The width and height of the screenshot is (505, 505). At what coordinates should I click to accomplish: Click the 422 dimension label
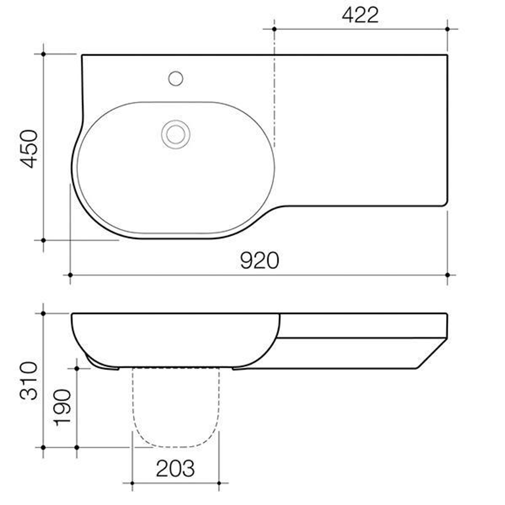pyautogui.click(x=360, y=15)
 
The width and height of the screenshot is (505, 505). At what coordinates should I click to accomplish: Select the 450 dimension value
pyautogui.click(x=29, y=148)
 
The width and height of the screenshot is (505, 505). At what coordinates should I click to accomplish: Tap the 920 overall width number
pyautogui.click(x=260, y=260)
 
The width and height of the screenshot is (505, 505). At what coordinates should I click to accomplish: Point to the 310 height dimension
pyautogui.click(x=29, y=380)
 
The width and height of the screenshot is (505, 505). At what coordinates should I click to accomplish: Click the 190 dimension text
pyautogui.click(x=63, y=407)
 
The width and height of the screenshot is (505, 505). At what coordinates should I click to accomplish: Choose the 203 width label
pyautogui.click(x=175, y=468)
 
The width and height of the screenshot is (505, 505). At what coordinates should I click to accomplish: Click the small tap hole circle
pyautogui.click(x=176, y=79)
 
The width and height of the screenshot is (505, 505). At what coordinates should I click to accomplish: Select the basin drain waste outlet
pyautogui.click(x=176, y=134)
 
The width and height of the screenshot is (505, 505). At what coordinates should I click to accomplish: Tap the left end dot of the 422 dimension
pyautogui.click(x=274, y=29)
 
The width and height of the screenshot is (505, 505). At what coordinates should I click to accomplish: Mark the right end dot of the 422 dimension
pyautogui.click(x=447, y=29)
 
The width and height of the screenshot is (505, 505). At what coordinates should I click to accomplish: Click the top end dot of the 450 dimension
pyautogui.click(x=43, y=54)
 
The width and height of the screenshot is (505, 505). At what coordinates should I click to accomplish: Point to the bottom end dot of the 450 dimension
pyautogui.click(x=43, y=240)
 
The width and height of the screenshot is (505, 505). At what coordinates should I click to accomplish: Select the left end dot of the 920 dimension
pyautogui.click(x=70, y=275)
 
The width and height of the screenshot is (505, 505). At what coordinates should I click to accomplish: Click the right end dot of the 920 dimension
pyautogui.click(x=447, y=275)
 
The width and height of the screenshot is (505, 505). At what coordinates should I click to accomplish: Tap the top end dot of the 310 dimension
pyautogui.click(x=43, y=313)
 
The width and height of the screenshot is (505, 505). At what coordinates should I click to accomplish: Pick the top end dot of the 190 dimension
pyautogui.click(x=77, y=368)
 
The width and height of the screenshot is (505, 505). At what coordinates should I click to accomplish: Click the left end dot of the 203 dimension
pyautogui.click(x=132, y=483)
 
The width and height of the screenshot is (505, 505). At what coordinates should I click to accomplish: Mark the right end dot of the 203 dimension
pyautogui.click(x=219, y=483)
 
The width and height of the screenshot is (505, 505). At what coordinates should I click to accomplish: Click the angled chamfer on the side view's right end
pyautogui.click(x=431, y=353)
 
